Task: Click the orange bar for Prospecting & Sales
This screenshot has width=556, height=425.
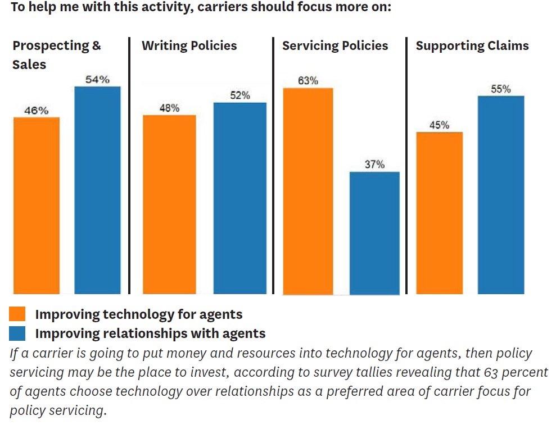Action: click(36, 205)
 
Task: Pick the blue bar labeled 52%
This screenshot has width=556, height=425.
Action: click(239, 198)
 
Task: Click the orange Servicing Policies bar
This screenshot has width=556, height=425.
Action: click(308, 191)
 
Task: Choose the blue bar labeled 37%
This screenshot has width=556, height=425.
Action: click(374, 232)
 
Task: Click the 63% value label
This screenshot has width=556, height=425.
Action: click(308, 80)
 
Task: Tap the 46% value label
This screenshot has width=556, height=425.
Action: click(36, 111)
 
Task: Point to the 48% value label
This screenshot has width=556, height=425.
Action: click(169, 108)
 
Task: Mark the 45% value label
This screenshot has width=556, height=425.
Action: click(439, 125)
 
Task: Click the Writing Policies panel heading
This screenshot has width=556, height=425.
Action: click(189, 46)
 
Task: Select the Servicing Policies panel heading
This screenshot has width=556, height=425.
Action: click(335, 46)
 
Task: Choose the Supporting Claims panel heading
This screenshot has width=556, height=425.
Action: click(472, 46)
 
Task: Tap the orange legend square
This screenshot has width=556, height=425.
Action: click(17, 314)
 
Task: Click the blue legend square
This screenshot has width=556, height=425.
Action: click(17, 333)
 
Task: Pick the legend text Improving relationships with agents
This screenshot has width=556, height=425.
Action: click(150, 333)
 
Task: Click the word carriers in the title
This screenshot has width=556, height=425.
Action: click(222, 9)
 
